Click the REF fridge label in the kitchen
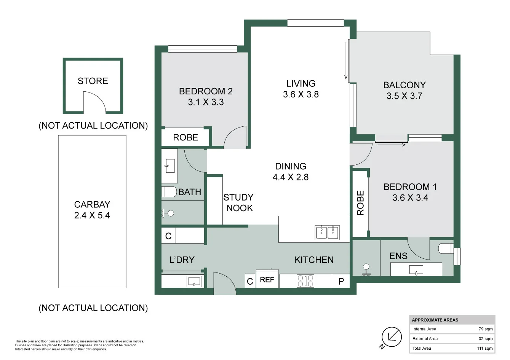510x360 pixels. point(267,280)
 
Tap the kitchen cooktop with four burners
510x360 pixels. point(305,281)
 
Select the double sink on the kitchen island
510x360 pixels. point(327,233)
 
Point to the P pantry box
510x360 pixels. point(341,281)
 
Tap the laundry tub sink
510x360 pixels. point(194,282)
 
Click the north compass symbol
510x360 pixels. point(392,337)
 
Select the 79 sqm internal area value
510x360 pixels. point(485,329)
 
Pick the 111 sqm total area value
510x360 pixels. point(484,348)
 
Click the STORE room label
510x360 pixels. point(93,81)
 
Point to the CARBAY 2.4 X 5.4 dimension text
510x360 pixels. point(92,215)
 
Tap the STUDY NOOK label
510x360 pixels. point(239,202)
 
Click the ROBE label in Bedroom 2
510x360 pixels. point(185,137)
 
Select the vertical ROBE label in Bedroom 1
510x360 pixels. point(360,203)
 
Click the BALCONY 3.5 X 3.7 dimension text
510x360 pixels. point(404,96)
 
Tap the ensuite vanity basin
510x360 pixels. point(416,270)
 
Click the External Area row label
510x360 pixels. point(425,339)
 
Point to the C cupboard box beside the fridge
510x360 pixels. point(250,282)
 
